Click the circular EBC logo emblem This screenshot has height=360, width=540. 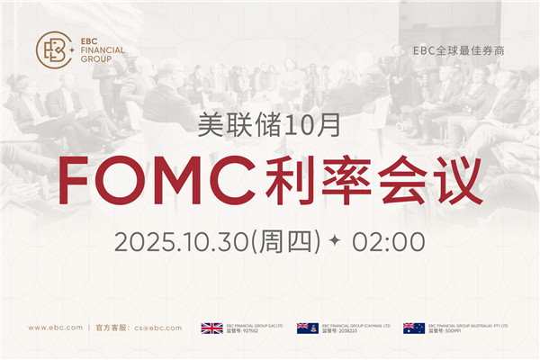click(x=54, y=49)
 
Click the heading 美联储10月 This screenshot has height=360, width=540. click(x=269, y=125)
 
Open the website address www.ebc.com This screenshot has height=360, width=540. click(x=56, y=328)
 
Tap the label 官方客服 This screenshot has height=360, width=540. click(x=112, y=328)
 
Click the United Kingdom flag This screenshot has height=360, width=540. click(x=211, y=328)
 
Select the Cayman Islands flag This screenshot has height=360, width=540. click(x=308, y=328)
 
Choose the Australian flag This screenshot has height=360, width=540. click(x=414, y=328)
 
